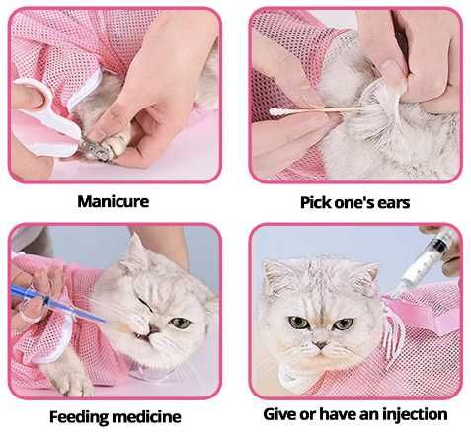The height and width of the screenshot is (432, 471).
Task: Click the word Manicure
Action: (x=114, y=201)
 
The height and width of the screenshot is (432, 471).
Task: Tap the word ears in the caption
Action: (x=393, y=202)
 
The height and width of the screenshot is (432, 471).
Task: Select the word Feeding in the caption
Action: (x=79, y=417)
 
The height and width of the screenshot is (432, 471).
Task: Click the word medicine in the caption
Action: (x=147, y=417)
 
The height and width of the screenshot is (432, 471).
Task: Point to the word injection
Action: (x=413, y=414)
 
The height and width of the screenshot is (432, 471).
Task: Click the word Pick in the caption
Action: (x=315, y=202)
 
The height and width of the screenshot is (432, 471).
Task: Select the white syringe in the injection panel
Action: (x=425, y=259)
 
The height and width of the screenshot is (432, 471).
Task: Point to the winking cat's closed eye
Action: (x=146, y=305)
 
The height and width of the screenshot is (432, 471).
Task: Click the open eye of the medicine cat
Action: (x=180, y=323)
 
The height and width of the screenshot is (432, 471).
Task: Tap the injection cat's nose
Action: (x=320, y=345)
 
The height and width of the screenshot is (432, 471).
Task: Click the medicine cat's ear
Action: (x=135, y=253)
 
